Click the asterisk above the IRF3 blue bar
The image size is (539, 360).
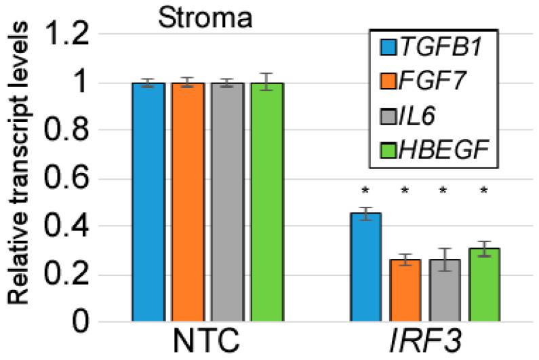pyautogui.click(x=367, y=191)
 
